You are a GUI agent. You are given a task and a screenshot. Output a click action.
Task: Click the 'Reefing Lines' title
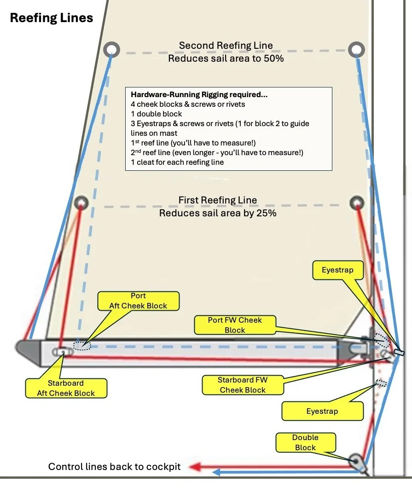click(52, 18)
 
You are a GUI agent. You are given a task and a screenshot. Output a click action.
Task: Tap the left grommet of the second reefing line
click(111, 49)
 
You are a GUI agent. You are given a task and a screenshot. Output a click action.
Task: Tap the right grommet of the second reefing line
click(356, 50)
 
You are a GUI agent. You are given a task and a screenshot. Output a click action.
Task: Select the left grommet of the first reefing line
click(81, 202)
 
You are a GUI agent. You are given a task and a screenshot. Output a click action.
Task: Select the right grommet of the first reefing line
click(357, 203)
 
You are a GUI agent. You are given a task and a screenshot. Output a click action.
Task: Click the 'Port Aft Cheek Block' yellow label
click(138, 301)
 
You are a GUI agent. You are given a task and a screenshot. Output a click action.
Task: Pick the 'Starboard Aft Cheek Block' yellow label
click(66, 388)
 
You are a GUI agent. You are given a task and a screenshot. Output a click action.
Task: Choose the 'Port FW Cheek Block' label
click(235, 325)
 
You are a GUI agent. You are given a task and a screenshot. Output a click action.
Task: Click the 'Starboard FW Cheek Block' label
click(242, 385)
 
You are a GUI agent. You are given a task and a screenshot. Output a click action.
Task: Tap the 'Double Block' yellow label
click(305, 442)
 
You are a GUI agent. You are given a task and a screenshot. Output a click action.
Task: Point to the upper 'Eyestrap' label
click(337, 270)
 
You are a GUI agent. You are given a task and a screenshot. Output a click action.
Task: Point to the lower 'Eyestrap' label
click(322, 411)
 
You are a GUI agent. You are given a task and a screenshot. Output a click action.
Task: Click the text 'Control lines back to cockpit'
click(114, 467)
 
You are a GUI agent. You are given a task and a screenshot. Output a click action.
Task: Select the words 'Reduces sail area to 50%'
click(226, 58)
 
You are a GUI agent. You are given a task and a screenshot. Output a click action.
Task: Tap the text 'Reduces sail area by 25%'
click(217, 213)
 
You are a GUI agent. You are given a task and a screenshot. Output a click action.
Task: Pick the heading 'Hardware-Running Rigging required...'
click(199, 95)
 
